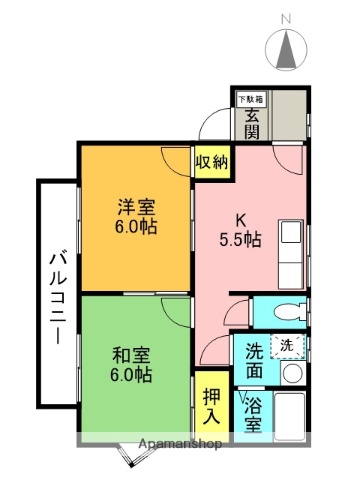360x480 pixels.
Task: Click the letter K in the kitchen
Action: pos(239,220)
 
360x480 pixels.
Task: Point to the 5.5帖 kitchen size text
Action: pos(240,240)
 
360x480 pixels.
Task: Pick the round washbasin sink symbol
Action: pos(291,374)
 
